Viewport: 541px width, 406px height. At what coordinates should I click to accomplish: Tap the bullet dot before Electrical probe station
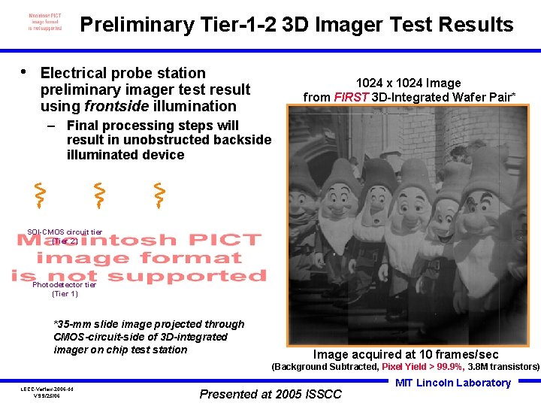point(25,72)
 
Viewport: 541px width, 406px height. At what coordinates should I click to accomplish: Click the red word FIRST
point(351,97)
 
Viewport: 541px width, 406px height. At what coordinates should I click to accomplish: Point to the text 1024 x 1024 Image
point(408,83)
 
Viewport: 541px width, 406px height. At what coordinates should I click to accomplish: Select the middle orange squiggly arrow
point(98,195)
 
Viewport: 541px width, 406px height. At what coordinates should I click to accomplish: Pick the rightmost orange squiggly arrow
point(159,195)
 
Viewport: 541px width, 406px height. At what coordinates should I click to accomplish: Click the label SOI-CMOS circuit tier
point(65,232)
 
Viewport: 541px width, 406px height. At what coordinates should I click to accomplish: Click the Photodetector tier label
point(65,285)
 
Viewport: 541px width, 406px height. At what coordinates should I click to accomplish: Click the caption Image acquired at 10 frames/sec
point(406,354)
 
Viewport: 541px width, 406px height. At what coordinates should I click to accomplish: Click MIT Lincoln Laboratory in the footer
point(453,383)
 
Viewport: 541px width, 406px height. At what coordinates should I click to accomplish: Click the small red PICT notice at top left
point(45,21)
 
